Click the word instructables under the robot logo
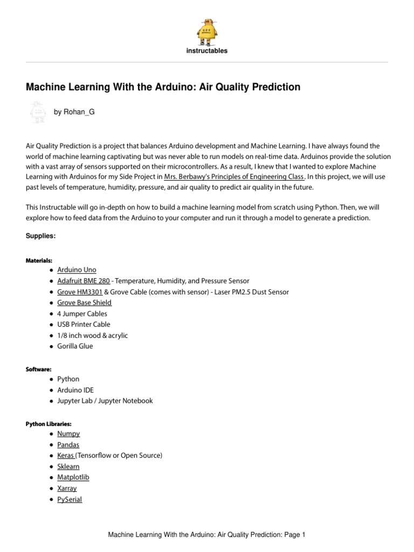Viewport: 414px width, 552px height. (x=207, y=51)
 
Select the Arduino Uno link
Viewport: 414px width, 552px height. (x=77, y=270)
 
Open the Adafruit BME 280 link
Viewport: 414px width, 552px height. (x=83, y=281)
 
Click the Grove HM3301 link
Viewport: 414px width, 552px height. (x=80, y=292)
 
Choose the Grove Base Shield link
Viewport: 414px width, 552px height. (x=84, y=302)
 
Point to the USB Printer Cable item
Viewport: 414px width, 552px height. (x=84, y=325)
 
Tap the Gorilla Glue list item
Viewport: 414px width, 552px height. (x=75, y=346)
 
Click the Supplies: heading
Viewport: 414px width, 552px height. (x=41, y=237)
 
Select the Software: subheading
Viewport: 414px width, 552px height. (x=39, y=369)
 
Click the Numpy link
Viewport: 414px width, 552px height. (x=68, y=434)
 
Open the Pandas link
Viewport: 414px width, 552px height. (x=68, y=445)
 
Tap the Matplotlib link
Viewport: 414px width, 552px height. (x=73, y=478)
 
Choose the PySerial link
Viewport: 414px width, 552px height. (x=70, y=500)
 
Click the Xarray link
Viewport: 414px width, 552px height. (x=67, y=488)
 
